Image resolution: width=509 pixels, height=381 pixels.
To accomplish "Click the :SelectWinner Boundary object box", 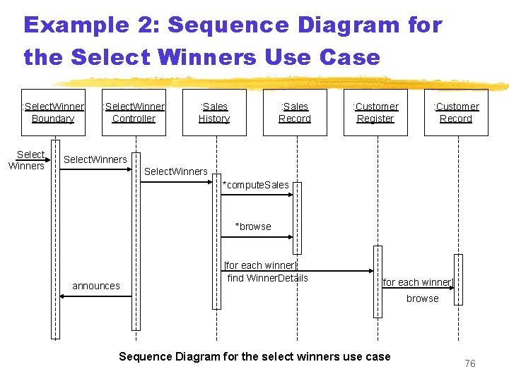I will pos(53,112).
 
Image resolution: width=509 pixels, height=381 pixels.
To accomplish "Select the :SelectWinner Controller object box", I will pos(134,112).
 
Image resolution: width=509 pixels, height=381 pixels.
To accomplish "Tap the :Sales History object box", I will pos(214,112).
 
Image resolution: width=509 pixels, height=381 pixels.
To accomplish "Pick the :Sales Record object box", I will pos(295,112).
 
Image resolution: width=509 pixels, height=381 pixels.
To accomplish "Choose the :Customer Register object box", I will pos(375,112).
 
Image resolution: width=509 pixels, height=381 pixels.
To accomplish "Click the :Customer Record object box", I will pos(456,112).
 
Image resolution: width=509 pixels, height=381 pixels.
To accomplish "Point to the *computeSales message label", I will pos(256,185).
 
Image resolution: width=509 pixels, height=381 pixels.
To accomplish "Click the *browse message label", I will pos(253,226).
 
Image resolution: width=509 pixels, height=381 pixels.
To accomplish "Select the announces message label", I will pos(96,286).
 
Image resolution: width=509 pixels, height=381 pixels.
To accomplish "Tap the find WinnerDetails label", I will pos(268,278).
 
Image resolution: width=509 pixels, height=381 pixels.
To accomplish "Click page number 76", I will pos(470,363).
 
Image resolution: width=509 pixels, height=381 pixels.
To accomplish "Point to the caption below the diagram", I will pos(255,356).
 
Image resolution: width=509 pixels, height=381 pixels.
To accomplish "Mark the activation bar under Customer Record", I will pos(458,279).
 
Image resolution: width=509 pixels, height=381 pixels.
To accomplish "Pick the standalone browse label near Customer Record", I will pos(422,298).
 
